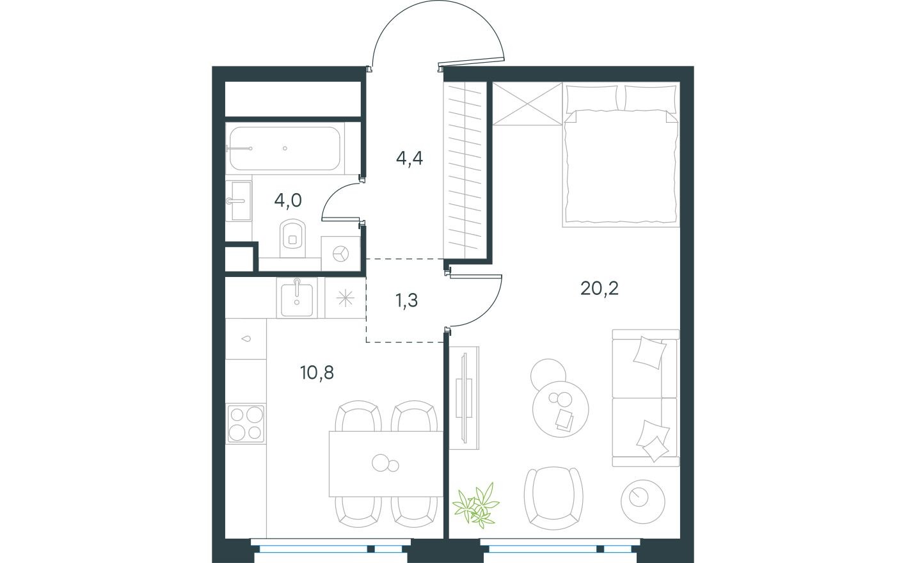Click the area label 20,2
click(x=599, y=289)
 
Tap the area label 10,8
click(x=317, y=372)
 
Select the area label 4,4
click(x=409, y=157)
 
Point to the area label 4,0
click(x=287, y=200)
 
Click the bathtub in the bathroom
click(x=285, y=148)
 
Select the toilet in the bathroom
click(x=292, y=235)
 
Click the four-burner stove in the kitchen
click(x=246, y=423)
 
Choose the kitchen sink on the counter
click(x=296, y=298)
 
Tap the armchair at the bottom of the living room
click(x=553, y=496)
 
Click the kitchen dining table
click(x=386, y=463)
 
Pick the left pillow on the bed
click(x=592, y=98)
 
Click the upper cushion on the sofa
click(x=649, y=352)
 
